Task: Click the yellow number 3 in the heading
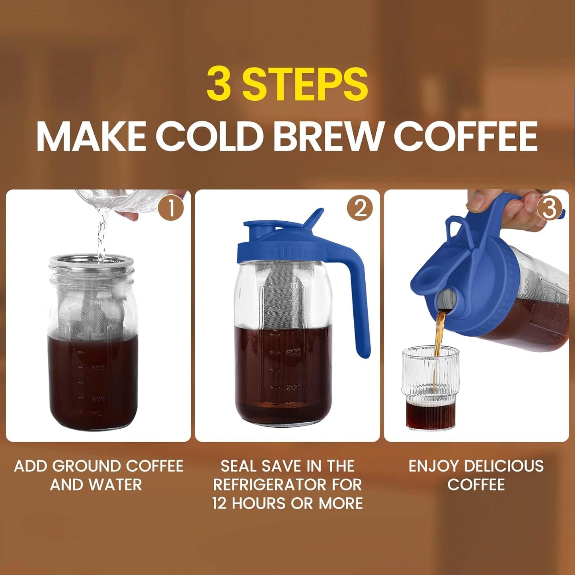click(219, 84)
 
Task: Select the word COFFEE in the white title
click(466, 136)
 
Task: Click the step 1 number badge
click(171, 209)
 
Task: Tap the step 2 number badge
click(360, 209)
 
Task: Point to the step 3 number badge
click(549, 209)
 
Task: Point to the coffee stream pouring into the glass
click(439, 334)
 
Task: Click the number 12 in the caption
click(219, 503)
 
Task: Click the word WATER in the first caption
click(115, 485)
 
